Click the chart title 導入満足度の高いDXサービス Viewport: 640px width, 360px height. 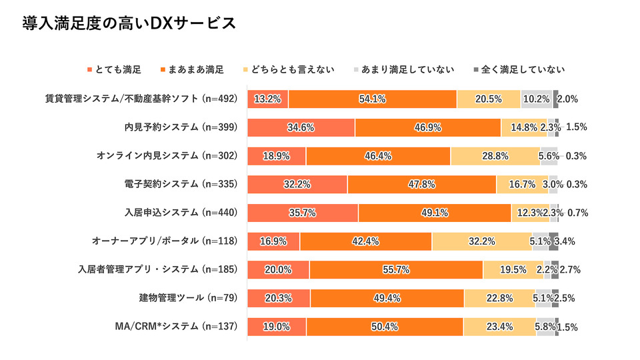[129, 23]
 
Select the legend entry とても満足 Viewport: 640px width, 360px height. [114, 70]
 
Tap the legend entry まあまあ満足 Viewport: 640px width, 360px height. [192, 70]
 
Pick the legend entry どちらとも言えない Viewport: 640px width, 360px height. [289, 70]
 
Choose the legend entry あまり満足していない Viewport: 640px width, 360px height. [404, 70]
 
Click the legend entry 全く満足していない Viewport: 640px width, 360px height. [519, 70]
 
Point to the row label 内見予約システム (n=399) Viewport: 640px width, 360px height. [181, 127]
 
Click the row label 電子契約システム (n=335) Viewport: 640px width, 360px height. [181, 184]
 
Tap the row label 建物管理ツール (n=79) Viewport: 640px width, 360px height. [188, 298]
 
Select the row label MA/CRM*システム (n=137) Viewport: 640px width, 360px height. [176, 327]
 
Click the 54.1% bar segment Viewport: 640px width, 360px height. [373, 99]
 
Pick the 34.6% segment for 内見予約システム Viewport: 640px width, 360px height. [301, 128]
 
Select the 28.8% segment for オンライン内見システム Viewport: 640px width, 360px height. [495, 156]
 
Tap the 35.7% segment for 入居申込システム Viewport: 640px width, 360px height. [303, 213]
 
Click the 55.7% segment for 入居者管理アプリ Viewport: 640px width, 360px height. [396, 270]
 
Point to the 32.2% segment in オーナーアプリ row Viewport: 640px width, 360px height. [482, 241]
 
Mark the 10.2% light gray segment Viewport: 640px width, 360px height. [537, 99]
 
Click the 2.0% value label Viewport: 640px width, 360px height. [568, 99]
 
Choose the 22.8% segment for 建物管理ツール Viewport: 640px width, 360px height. [500, 299]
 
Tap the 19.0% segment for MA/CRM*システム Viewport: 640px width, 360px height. [277, 327]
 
